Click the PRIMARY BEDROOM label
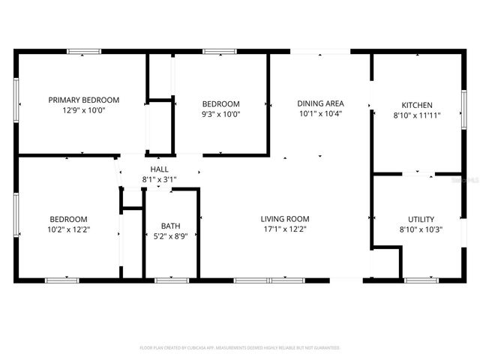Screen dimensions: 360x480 point(84,100)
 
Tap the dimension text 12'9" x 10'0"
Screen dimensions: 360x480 point(84,111)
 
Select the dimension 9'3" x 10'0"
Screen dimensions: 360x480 point(221,115)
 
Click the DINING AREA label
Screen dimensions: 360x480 point(320,103)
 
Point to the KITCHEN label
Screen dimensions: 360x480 point(417,105)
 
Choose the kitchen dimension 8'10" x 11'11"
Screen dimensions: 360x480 point(417,115)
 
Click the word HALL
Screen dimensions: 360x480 point(159,169)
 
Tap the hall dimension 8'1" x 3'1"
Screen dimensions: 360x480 point(159,180)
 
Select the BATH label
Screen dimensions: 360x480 point(170,226)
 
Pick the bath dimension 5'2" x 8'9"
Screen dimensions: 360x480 point(170,236)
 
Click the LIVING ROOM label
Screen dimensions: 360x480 point(285,219)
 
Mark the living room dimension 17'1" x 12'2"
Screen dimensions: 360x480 point(285,229)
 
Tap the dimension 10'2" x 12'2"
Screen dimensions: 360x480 point(69,229)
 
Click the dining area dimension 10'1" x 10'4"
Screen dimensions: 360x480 point(320,114)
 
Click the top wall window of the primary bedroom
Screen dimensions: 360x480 point(84,52)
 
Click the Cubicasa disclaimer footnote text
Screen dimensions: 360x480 point(240,348)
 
